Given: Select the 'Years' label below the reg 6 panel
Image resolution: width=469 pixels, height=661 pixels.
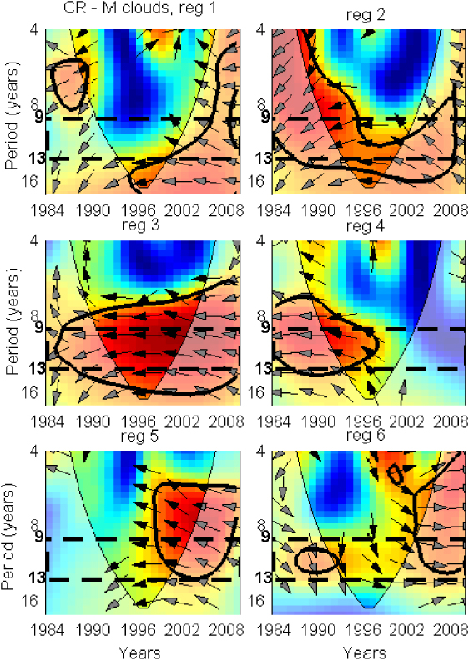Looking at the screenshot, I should (368, 651).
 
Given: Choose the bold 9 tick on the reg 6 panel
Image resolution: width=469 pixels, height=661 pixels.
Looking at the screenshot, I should (265, 538).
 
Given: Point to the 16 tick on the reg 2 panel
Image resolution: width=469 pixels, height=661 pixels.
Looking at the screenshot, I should (262, 180).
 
